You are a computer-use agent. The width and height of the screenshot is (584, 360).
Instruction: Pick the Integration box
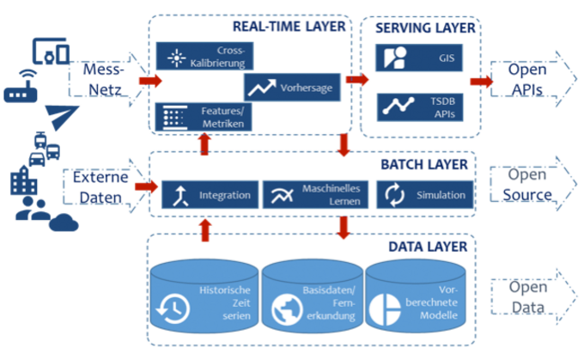(209, 195)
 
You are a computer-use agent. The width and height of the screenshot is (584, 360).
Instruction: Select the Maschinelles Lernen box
(316, 195)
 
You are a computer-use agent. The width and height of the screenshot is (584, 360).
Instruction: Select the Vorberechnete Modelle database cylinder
(420, 296)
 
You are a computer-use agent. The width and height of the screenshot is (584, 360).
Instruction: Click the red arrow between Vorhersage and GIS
(355, 80)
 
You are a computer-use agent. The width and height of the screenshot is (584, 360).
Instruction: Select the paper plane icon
(59, 118)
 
